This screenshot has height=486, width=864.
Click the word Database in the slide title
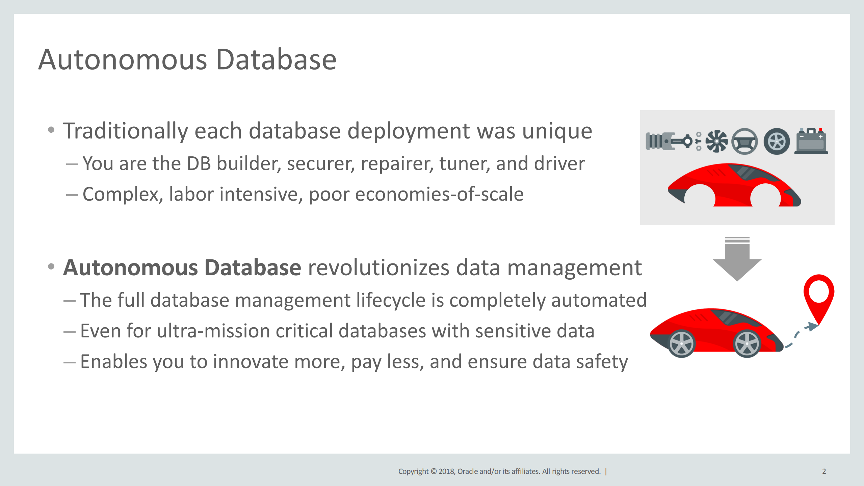(x=276, y=59)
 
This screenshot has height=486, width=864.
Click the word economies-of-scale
(x=439, y=194)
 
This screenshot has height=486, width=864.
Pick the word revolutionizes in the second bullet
(x=378, y=267)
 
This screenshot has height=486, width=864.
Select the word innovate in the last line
(x=250, y=362)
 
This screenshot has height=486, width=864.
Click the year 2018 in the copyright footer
(x=447, y=471)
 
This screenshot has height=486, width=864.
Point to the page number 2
(x=824, y=471)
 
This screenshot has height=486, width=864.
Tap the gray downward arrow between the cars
(x=737, y=259)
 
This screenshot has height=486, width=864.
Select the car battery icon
(x=811, y=141)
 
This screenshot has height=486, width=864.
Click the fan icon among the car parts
(x=716, y=141)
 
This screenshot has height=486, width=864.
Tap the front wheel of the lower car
(x=747, y=343)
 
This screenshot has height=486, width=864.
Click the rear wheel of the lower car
(x=682, y=343)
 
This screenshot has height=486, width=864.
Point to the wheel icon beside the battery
(x=777, y=142)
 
